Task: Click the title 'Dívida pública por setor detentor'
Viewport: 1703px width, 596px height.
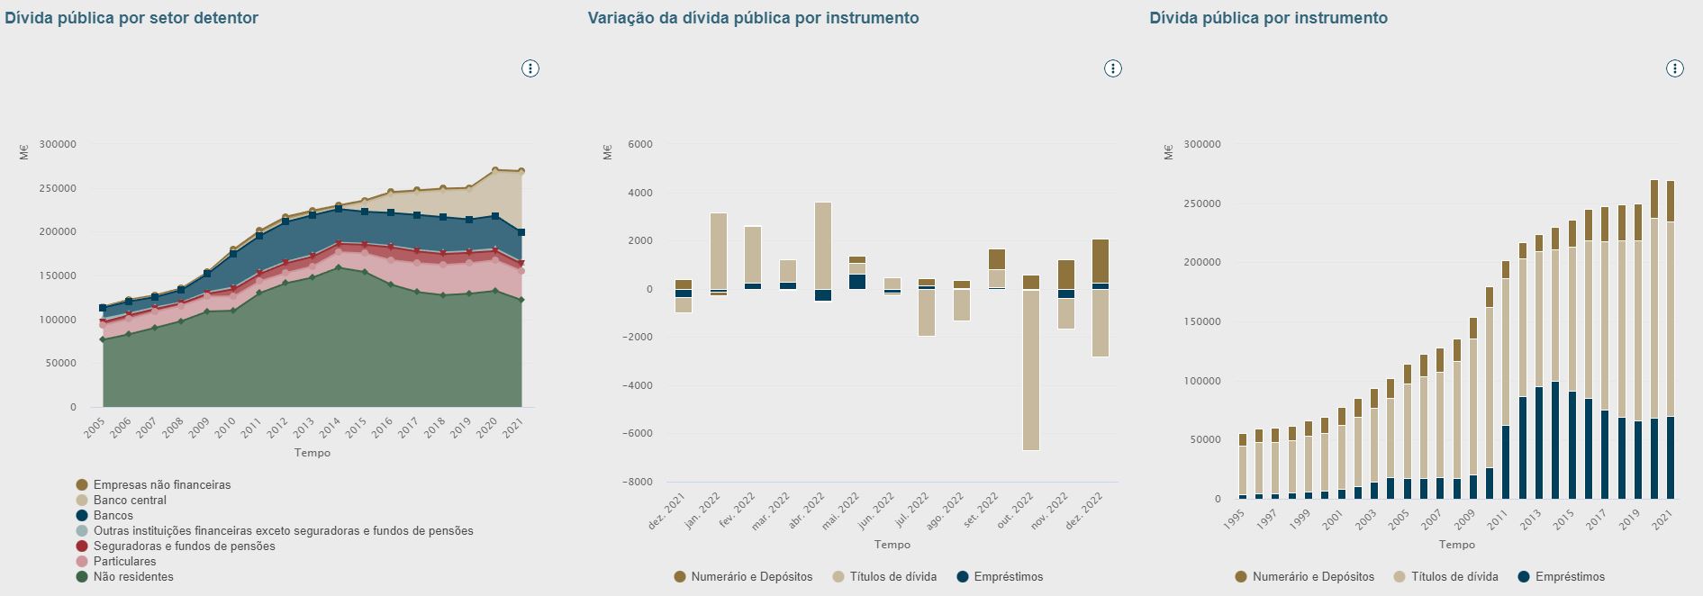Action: [x=131, y=18]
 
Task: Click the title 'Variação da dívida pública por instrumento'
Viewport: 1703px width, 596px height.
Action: [x=753, y=18]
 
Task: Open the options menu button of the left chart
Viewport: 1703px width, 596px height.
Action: [x=530, y=68]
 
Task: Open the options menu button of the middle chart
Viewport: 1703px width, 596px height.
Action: [x=1113, y=68]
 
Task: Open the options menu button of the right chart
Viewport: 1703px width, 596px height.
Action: [x=1674, y=68]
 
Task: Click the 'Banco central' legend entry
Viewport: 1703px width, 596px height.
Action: [x=130, y=501]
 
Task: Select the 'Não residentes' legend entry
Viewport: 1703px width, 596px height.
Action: [x=133, y=577]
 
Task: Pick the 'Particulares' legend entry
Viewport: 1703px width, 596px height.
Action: [x=124, y=562]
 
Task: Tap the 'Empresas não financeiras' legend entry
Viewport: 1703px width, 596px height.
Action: [x=162, y=485]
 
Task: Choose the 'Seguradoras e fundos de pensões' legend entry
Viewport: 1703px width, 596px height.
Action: [x=184, y=546]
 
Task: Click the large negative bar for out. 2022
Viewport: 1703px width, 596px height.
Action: [x=1031, y=369]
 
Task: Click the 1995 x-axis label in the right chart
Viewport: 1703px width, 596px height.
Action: [x=1235, y=519]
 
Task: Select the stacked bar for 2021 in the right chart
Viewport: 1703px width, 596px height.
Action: [x=1670, y=342]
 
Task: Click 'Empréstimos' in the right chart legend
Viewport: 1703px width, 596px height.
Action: [x=1570, y=577]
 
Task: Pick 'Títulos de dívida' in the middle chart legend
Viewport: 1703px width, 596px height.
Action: [x=892, y=577]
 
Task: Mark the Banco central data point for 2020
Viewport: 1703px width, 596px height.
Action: [x=495, y=170]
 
